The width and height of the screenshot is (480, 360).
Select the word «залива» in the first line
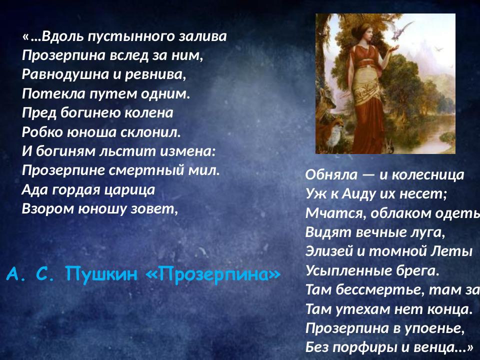[203, 36]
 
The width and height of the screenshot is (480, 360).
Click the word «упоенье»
[436, 328]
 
